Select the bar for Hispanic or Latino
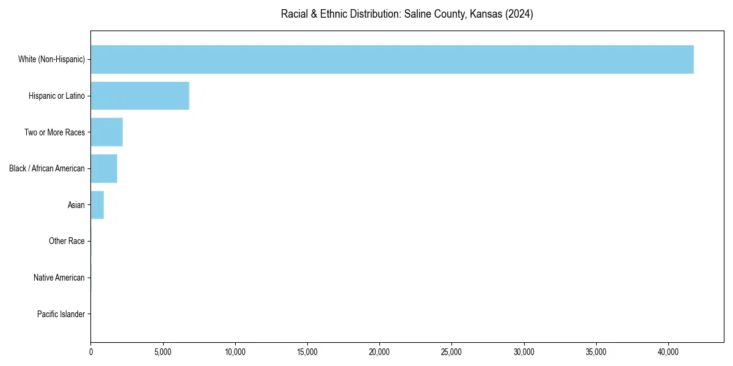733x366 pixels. [x=140, y=96]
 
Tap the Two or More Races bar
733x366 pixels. [x=107, y=132]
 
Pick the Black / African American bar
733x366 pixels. [x=104, y=168]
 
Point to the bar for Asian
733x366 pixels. [x=97, y=205]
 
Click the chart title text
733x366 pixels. [x=407, y=14]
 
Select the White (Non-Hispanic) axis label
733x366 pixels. [x=51, y=59]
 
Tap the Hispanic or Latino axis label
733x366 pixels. [x=57, y=96]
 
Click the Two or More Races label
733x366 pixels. [x=54, y=132]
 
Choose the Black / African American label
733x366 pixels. [x=47, y=168]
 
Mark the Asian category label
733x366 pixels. [x=76, y=205]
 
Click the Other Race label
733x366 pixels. [x=67, y=242]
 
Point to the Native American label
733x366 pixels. [x=59, y=278]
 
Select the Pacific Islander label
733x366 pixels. [x=61, y=314]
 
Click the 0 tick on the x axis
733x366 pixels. [x=91, y=352]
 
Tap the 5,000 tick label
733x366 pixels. [x=163, y=352]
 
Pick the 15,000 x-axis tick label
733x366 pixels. [x=307, y=352]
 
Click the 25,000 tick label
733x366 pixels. [x=451, y=352]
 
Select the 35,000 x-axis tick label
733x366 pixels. [x=596, y=352]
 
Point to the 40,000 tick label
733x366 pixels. [x=668, y=352]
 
